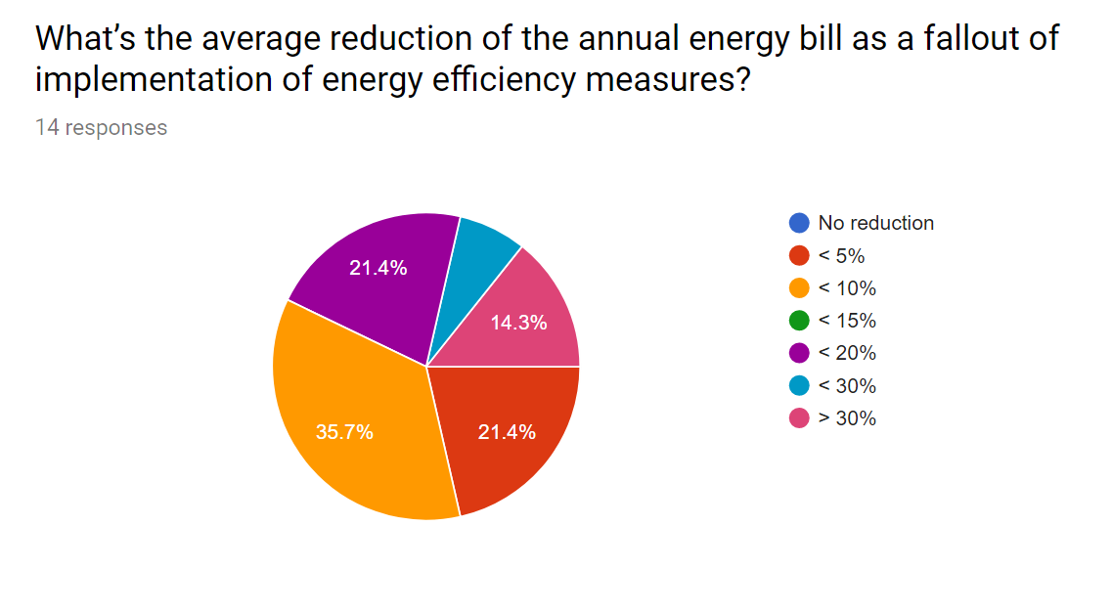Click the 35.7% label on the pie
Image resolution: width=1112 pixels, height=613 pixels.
[x=344, y=432]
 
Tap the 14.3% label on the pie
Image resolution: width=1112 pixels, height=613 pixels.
[x=518, y=322]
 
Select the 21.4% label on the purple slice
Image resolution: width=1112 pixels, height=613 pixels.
[x=378, y=267]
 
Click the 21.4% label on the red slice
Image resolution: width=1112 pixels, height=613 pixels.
[x=507, y=432]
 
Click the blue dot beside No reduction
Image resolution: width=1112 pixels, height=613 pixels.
[x=799, y=223]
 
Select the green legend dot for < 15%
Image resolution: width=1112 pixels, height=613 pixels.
[x=799, y=321]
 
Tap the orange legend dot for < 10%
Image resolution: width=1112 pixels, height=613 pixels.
[x=799, y=288]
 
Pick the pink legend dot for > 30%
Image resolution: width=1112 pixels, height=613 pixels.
[x=799, y=418]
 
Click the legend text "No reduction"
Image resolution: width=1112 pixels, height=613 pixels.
[x=875, y=223]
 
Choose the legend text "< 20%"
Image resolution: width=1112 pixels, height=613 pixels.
[x=847, y=353]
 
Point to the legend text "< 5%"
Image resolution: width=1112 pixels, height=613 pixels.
[x=841, y=256]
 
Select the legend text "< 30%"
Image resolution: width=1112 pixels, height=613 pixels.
[x=847, y=386]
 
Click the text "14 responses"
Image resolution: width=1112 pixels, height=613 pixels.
[x=101, y=128]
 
